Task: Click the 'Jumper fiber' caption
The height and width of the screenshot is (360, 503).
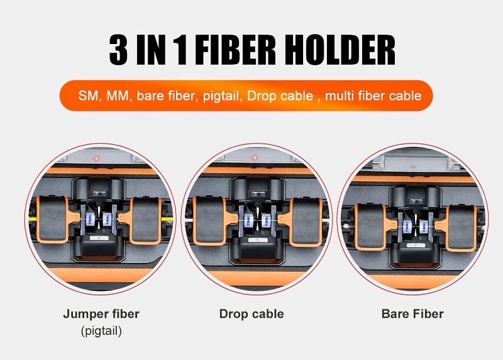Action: pyautogui.click(x=101, y=313)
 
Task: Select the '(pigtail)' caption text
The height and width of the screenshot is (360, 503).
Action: pyautogui.click(x=101, y=330)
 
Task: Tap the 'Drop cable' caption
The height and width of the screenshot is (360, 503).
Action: pyautogui.click(x=251, y=313)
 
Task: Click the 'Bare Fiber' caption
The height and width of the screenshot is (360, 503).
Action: pyautogui.click(x=412, y=313)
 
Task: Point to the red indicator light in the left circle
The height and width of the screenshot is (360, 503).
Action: pyautogui.click(x=96, y=157)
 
